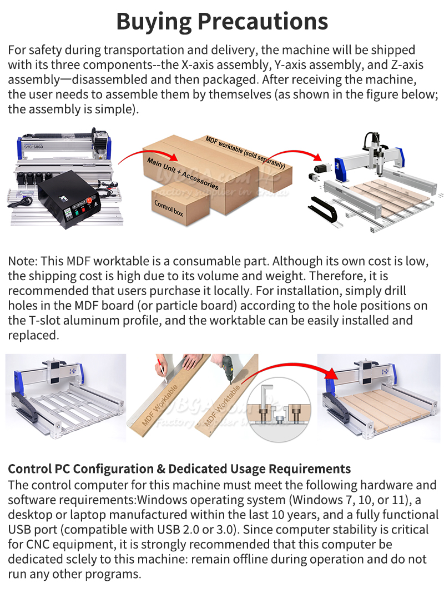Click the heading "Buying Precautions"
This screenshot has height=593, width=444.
[222, 22]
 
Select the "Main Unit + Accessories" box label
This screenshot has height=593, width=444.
[183, 173]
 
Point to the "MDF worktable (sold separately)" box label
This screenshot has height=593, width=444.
[245, 152]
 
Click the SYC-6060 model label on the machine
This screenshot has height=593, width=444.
[33, 146]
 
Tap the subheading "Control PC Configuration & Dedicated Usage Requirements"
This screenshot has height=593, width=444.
[179, 469]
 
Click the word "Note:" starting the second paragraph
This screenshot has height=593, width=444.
[23, 261]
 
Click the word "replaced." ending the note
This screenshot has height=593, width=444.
[34, 336]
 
